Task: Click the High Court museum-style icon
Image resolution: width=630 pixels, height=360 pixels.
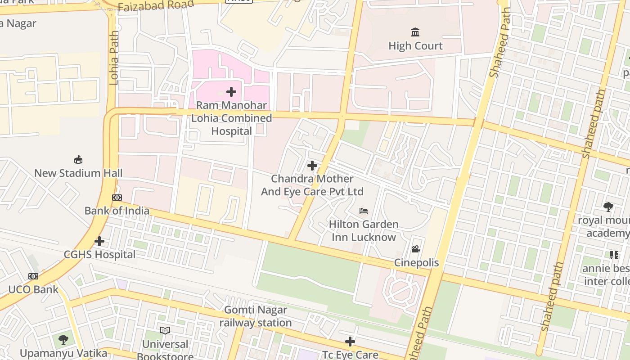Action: coord(415,32)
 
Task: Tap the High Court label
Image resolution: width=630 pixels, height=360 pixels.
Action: coord(415,46)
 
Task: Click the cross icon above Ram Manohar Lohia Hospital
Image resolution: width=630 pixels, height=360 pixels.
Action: coord(231,92)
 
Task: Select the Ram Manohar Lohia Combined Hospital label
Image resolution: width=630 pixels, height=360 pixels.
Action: coord(232,118)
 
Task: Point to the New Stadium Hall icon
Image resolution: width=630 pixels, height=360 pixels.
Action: coord(78,160)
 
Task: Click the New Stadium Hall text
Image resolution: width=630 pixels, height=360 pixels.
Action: coord(78,173)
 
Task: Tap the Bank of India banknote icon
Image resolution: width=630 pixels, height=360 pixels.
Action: coord(117,198)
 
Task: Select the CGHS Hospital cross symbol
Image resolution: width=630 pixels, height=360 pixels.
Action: coord(99,242)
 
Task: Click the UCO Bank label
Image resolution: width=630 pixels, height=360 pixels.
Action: coord(33,289)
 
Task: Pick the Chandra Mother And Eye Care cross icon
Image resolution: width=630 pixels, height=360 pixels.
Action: coord(312,166)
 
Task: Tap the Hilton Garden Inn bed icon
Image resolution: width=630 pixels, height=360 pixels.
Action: coord(364,211)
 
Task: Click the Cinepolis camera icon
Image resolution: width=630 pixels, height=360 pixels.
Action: coord(416,249)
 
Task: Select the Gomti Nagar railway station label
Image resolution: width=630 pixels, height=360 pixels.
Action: coord(256,316)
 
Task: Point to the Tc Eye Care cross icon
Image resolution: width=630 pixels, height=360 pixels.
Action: coord(350,342)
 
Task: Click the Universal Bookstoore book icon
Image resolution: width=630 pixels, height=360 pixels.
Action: coord(165,331)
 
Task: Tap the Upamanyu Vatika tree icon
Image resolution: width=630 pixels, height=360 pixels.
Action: coord(63,339)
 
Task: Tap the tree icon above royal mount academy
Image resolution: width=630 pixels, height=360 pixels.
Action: coord(608,207)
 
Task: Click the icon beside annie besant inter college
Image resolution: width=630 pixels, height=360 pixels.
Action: coord(614,255)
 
